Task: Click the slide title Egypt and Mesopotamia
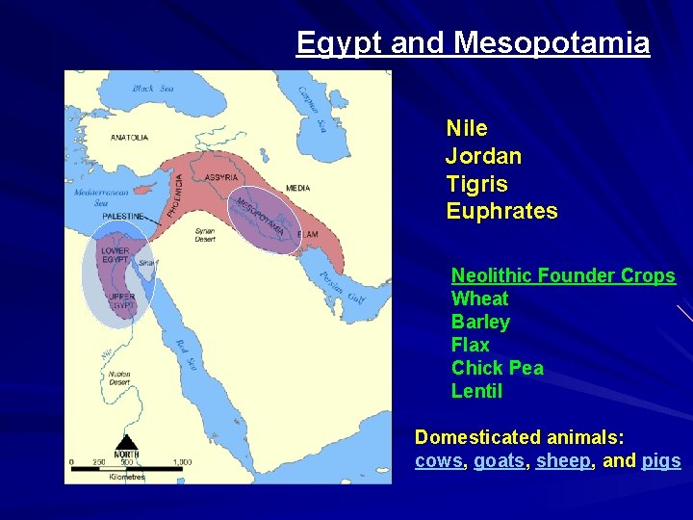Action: coord(473,43)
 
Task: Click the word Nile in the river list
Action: coord(467,128)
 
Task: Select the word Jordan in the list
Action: coord(483,156)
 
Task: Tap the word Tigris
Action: coord(476,184)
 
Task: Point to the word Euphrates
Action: coord(501,212)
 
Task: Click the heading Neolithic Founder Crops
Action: coord(563,276)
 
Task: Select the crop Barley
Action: coord(480,322)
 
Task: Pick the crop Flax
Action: coord(470,345)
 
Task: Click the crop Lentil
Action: coord(476,391)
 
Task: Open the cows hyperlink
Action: coord(439,461)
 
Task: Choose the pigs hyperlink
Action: coord(661,461)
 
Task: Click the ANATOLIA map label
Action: coord(129,138)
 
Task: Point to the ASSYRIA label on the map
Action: coord(222,177)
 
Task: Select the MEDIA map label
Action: coord(297,188)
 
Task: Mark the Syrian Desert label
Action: coord(205,235)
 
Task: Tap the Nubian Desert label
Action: coord(119,378)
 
